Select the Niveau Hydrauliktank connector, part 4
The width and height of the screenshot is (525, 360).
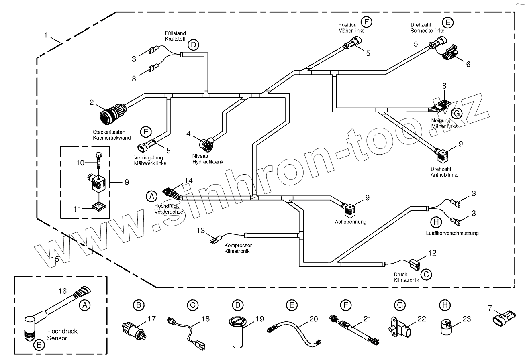click(207, 143)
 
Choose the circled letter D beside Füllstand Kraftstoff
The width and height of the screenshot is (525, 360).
click(193, 45)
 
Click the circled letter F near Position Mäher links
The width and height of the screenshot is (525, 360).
click(366, 22)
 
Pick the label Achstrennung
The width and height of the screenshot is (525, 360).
click(350, 222)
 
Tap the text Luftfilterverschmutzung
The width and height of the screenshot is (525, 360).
click(452, 233)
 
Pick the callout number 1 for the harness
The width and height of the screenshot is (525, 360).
click(46, 35)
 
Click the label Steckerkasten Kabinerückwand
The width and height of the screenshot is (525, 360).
click(112, 135)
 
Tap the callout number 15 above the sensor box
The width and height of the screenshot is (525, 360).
click(55, 259)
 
